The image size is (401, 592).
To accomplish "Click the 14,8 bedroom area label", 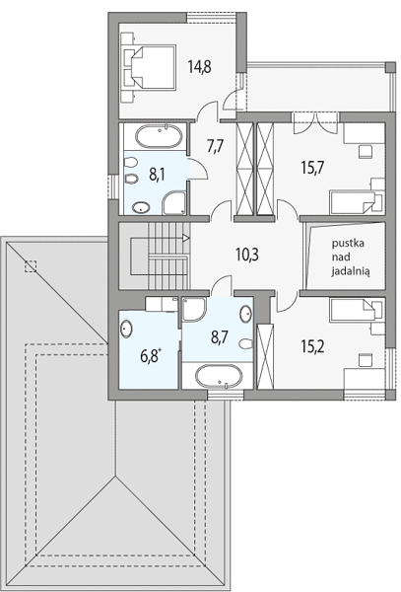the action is tap(200, 67).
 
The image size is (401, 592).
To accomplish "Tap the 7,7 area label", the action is tap(215, 145).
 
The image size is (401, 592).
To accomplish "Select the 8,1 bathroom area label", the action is tap(157, 175).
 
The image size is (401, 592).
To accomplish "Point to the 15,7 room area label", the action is tap(312, 167).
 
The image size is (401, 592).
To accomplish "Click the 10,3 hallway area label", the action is tap(247, 256).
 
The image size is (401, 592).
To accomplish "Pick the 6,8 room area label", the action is tap(151, 355).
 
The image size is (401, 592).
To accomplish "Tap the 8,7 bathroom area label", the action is tap(220, 337).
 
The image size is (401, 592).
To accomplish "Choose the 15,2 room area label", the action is tap(312, 346).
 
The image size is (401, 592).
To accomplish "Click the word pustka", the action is tap(348, 244).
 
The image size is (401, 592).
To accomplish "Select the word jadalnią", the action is tap(351, 271).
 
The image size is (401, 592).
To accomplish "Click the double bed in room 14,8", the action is tap(150, 67).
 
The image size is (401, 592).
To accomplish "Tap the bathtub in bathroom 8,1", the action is tap(159, 136).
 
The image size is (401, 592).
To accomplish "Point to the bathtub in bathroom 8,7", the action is tap(218, 376).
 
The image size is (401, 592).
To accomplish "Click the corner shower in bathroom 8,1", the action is tap(174, 202).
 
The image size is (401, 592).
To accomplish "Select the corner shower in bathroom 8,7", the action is tap(193, 310).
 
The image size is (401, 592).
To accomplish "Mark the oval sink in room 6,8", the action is tap(126, 329).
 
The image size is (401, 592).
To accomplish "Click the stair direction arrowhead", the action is tap(186, 238).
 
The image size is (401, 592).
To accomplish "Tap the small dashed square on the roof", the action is tap(31, 266).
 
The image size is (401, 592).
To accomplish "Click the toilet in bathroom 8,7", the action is tap(246, 343).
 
